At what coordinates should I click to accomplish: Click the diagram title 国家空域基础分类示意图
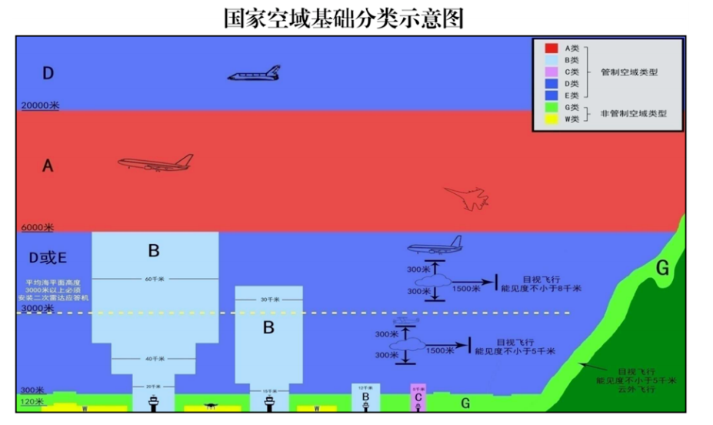344,18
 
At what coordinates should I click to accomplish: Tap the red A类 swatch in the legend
551,49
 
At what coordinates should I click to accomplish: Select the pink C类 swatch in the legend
551,72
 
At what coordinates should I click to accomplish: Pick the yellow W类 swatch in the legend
551,119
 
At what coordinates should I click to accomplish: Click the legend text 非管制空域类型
633,113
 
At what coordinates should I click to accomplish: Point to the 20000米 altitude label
38,106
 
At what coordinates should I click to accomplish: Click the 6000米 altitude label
36,228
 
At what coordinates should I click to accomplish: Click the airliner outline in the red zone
155,162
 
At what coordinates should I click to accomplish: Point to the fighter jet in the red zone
466,197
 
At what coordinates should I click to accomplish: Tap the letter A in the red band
48,165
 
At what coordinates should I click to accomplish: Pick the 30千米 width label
268,300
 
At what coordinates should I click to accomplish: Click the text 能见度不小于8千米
541,289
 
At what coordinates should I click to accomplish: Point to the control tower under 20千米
155,401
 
